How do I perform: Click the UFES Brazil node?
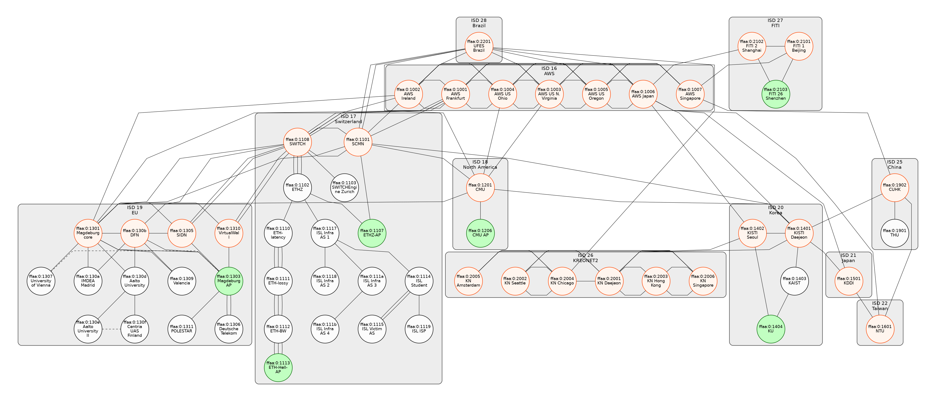(479, 46)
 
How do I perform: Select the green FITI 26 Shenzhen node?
(775, 94)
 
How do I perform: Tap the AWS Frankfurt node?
(455, 94)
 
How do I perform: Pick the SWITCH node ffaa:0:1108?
(297, 142)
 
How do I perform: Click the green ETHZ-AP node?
(372, 233)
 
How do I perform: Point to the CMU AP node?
(480, 233)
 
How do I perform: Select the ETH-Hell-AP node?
(278, 367)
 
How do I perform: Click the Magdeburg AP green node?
(229, 281)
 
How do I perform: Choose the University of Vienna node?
(41, 281)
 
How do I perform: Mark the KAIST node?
(794, 281)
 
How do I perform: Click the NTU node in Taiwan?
(880, 329)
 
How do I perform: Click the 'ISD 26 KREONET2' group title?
(585, 258)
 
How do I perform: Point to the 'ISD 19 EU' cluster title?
(134, 210)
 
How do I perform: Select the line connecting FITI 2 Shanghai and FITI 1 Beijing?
(775, 46)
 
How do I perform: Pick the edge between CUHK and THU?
(895, 210)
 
